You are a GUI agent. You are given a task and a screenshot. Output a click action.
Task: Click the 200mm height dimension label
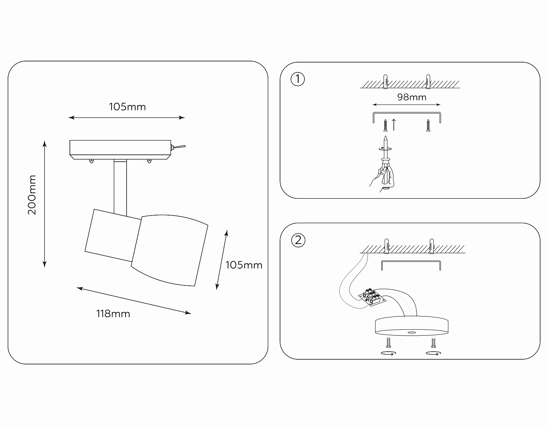[32, 195]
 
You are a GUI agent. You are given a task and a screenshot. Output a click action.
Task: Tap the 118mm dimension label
[113, 314]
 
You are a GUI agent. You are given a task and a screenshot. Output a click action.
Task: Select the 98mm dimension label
[412, 97]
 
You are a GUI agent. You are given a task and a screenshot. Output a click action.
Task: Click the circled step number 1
[298, 79]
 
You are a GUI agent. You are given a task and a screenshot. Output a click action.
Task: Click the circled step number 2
[298, 240]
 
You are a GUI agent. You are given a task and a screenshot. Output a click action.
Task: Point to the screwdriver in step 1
[385, 157]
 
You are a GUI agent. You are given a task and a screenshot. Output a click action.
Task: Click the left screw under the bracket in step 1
[385, 125]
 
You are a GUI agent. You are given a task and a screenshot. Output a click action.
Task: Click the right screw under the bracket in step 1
[428, 125]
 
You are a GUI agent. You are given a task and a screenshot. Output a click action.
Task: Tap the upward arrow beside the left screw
[394, 124]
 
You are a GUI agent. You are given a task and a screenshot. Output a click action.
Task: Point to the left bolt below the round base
[388, 342]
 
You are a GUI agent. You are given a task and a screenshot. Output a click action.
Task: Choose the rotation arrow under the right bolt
[433, 353]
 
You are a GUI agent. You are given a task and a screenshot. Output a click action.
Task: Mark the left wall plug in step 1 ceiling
[385, 82]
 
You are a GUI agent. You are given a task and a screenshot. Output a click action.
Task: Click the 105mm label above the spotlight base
[127, 107]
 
